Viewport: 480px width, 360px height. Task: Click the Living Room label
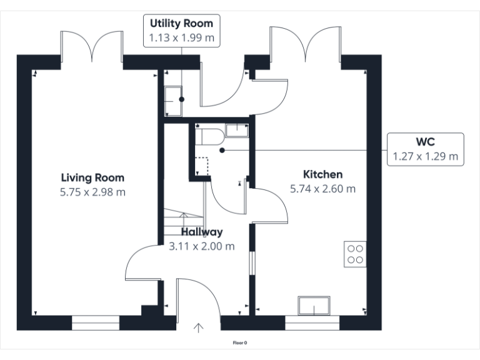coord(92,177)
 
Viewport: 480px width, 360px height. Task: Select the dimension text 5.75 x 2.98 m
coord(92,192)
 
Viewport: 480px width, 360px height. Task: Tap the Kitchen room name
coord(322,174)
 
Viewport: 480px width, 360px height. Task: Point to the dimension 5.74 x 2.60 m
coord(322,188)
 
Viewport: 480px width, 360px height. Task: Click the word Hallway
coord(202,231)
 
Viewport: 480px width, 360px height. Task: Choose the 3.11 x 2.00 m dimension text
coord(202,246)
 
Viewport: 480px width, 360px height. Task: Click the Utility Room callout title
coord(181,24)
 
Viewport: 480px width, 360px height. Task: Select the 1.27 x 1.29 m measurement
coord(425,156)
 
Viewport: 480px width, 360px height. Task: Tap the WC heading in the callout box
coord(425,141)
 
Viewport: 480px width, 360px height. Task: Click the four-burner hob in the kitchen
coord(355,254)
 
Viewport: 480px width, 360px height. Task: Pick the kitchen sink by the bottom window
coord(315,306)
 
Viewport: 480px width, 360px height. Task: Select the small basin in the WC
coord(236,130)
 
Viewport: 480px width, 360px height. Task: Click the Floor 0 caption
coord(240,342)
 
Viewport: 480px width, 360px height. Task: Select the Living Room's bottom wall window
coord(95,322)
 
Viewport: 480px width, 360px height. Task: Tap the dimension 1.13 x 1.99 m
coord(181,38)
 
